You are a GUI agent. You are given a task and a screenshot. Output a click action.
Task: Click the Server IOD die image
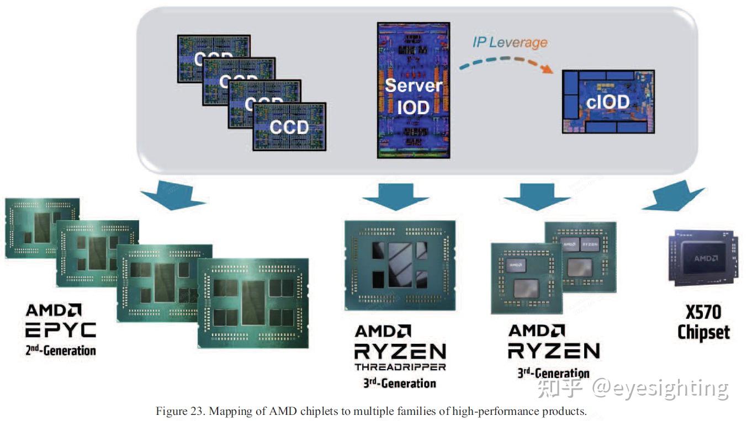pyautogui.click(x=414, y=90)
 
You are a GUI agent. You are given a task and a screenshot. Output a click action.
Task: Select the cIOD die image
pyautogui.click(x=608, y=102)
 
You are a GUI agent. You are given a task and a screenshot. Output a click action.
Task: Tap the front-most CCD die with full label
pyautogui.click(x=289, y=126)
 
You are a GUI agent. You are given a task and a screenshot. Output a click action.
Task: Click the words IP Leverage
pyautogui.click(x=510, y=42)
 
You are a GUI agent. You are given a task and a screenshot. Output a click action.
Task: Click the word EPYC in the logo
pyautogui.click(x=61, y=330)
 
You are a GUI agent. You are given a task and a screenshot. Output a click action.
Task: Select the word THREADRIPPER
pyautogui.click(x=400, y=366)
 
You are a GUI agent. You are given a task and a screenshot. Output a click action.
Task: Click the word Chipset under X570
pyautogui.click(x=703, y=333)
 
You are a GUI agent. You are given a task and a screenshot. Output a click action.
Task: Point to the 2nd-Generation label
pyautogui.click(x=61, y=350)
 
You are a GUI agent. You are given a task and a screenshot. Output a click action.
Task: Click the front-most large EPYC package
pyautogui.click(x=253, y=302)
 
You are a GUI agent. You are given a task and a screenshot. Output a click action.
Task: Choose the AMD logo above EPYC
pyautogui.click(x=54, y=310)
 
